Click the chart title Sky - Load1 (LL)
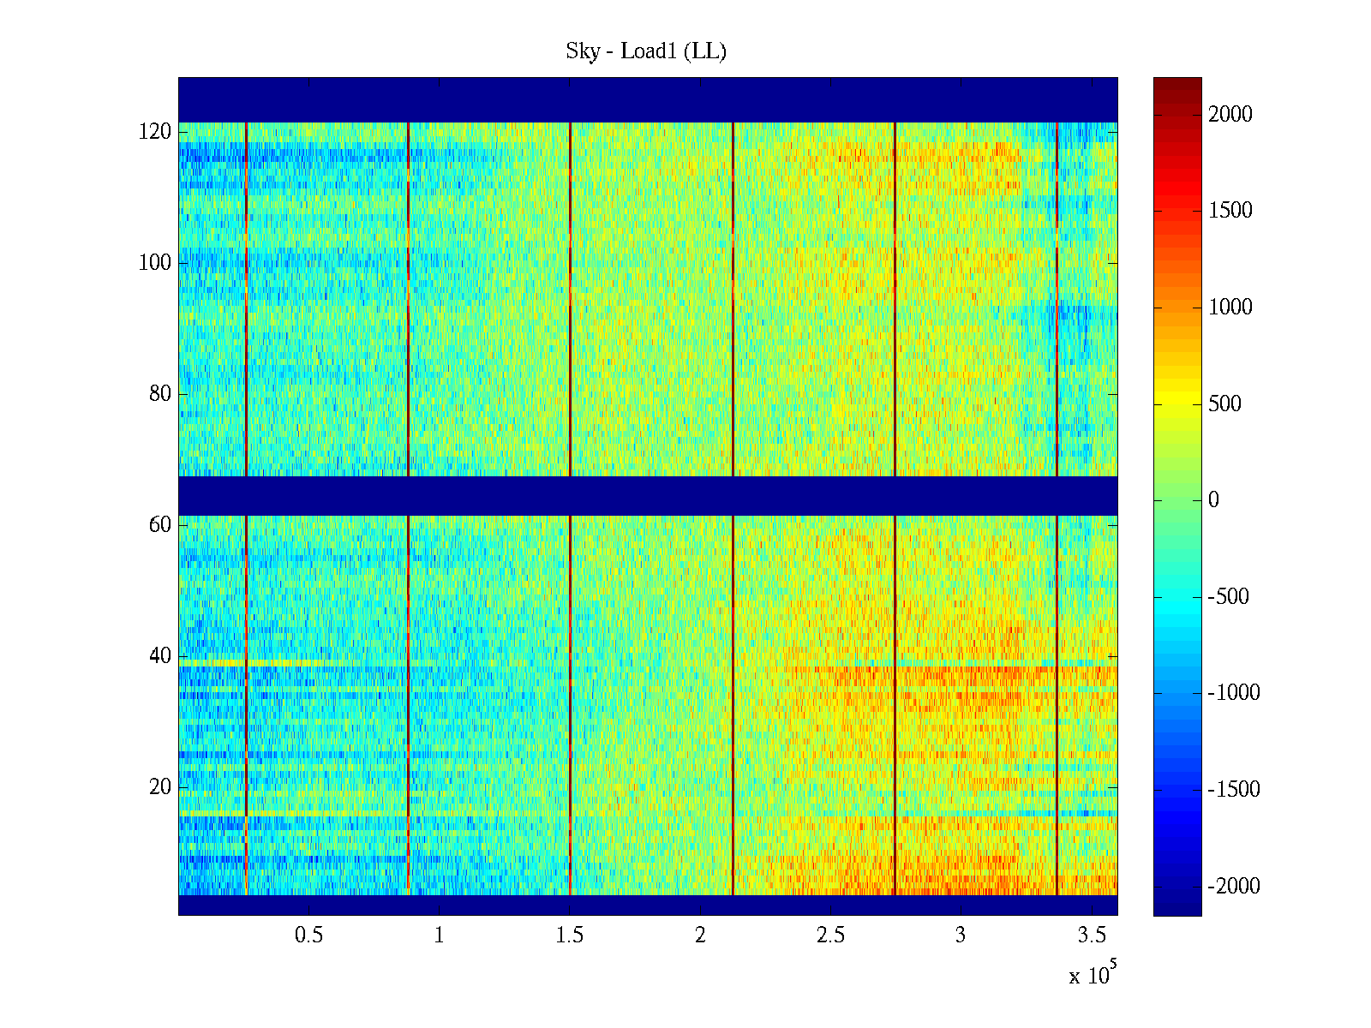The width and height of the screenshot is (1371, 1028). point(646,51)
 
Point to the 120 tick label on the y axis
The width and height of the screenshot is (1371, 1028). point(155,132)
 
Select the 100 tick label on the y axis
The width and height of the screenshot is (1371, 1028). point(155,263)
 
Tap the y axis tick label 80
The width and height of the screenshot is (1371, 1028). point(160,394)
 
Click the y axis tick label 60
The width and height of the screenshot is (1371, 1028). point(160,525)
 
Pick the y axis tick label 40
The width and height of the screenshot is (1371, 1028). point(160,656)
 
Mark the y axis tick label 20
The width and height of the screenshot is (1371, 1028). point(160,787)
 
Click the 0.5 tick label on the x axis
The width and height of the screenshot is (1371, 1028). point(308,935)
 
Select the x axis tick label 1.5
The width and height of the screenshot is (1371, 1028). point(570,935)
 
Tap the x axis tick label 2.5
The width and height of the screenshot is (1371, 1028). point(830,935)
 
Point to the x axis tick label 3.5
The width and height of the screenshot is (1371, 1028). point(1092,935)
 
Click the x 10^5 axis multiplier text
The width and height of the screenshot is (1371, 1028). point(1093,975)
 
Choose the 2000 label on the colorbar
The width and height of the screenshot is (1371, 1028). point(1230,115)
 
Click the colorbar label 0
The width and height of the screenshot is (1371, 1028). point(1213,500)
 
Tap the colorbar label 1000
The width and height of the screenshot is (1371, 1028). point(1230,308)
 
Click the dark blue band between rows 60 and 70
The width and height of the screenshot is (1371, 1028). point(648,496)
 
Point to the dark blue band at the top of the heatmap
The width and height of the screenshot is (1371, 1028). point(648,99)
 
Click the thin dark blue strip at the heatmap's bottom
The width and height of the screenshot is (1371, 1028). point(648,905)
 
